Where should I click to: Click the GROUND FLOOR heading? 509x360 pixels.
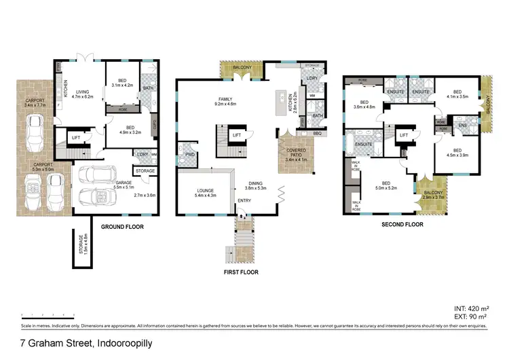pos(121,226)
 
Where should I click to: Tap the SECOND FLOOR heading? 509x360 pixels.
pos(402,224)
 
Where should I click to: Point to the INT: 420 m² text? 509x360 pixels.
pos(472,308)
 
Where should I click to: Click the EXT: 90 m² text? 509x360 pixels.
pos(474,316)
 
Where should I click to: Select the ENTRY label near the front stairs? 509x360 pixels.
pos(243,200)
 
